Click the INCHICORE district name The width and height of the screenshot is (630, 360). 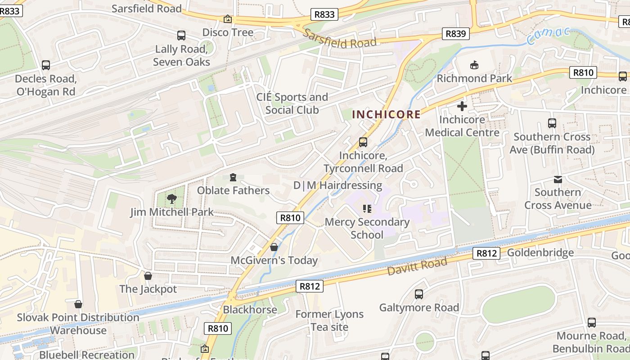coord(386,114)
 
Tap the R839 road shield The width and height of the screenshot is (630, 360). coord(455,34)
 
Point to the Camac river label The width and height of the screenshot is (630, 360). coord(548,36)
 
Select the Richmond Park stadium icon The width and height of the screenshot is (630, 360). coord(474,66)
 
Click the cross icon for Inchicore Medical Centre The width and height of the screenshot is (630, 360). coord(462,107)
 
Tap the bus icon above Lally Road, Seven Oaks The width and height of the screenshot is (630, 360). coord(181,36)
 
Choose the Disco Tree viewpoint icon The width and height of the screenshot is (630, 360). coord(228,19)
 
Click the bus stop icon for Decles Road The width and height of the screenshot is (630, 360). coord(45,65)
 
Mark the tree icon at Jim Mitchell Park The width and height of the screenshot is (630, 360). coord(171,198)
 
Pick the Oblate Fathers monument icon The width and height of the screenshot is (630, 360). coord(233,177)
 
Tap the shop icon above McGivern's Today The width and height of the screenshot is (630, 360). coord(274,247)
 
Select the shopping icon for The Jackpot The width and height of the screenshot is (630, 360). coord(148,276)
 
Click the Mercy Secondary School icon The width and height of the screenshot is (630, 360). coord(367,209)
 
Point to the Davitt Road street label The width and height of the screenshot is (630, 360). coord(417,267)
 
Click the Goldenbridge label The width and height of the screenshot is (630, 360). coord(540,252)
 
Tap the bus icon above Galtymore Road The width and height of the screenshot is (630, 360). coord(418,294)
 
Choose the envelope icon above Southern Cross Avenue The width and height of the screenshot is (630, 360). coord(558,180)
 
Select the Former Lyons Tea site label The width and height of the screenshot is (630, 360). coord(329,320)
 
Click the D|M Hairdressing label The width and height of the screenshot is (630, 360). coord(337,185)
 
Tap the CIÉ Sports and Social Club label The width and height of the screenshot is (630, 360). coord(292,103)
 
